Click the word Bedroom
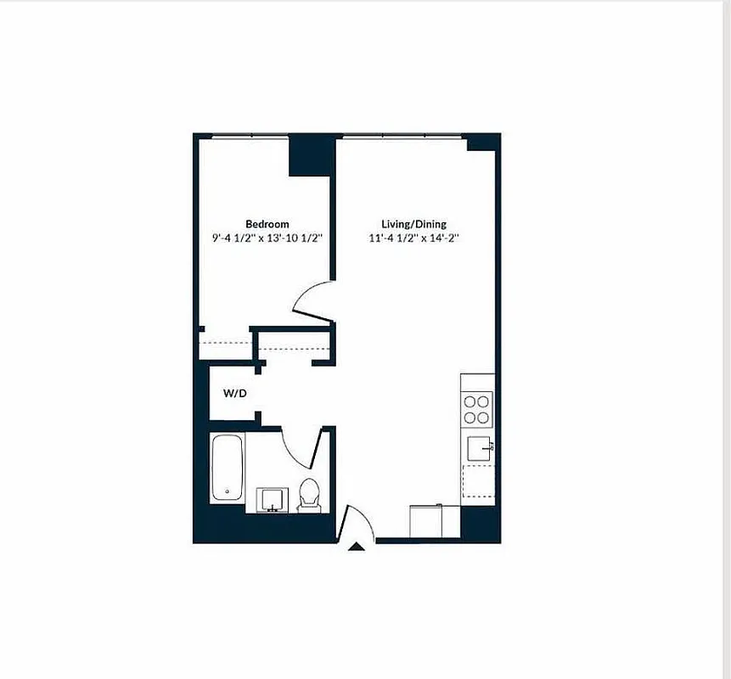pyautogui.click(x=267, y=224)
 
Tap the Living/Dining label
pyautogui.click(x=419, y=224)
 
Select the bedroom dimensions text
pyautogui.click(x=267, y=238)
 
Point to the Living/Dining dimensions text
pyautogui.click(x=420, y=238)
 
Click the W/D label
pyautogui.click(x=235, y=394)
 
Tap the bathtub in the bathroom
pyautogui.click(x=227, y=468)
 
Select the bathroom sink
pyautogui.click(x=271, y=499)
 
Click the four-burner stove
pyautogui.click(x=477, y=408)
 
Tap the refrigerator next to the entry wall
pyautogui.click(x=435, y=520)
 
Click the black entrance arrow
pyautogui.click(x=357, y=547)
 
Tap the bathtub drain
pyautogui.click(x=227, y=491)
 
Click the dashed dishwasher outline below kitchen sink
pyautogui.click(x=477, y=480)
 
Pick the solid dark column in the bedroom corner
pyautogui.click(x=310, y=155)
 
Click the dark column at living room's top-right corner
pyautogui.click(x=482, y=143)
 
